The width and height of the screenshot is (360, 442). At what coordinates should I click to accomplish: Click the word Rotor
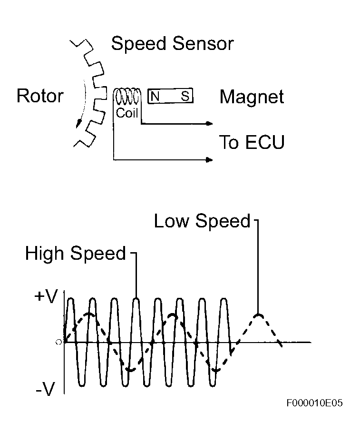(40, 96)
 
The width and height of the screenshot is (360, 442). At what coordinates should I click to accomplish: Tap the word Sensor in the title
(204, 44)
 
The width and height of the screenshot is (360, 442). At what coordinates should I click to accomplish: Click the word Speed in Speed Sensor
(139, 44)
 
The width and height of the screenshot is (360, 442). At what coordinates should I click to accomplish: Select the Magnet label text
(252, 97)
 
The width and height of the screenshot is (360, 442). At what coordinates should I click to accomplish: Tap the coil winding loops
(127, 98)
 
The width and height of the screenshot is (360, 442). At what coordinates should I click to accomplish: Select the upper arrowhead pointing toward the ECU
(209, 124)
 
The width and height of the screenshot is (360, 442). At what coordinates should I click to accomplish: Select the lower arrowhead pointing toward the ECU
(209, 160)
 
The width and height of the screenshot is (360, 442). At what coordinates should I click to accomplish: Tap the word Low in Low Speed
(172, 221)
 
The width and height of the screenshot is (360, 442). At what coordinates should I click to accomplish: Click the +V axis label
(46, 297)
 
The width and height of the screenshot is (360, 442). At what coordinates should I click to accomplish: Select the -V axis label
(47, 390)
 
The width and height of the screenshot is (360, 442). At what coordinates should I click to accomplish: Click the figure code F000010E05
(314, 403)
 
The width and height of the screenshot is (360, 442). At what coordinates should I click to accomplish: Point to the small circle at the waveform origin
(59, 342)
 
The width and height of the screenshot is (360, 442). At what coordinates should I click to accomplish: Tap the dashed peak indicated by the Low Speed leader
(258, 315)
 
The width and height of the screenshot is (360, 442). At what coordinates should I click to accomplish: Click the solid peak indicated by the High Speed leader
(136, 299)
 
